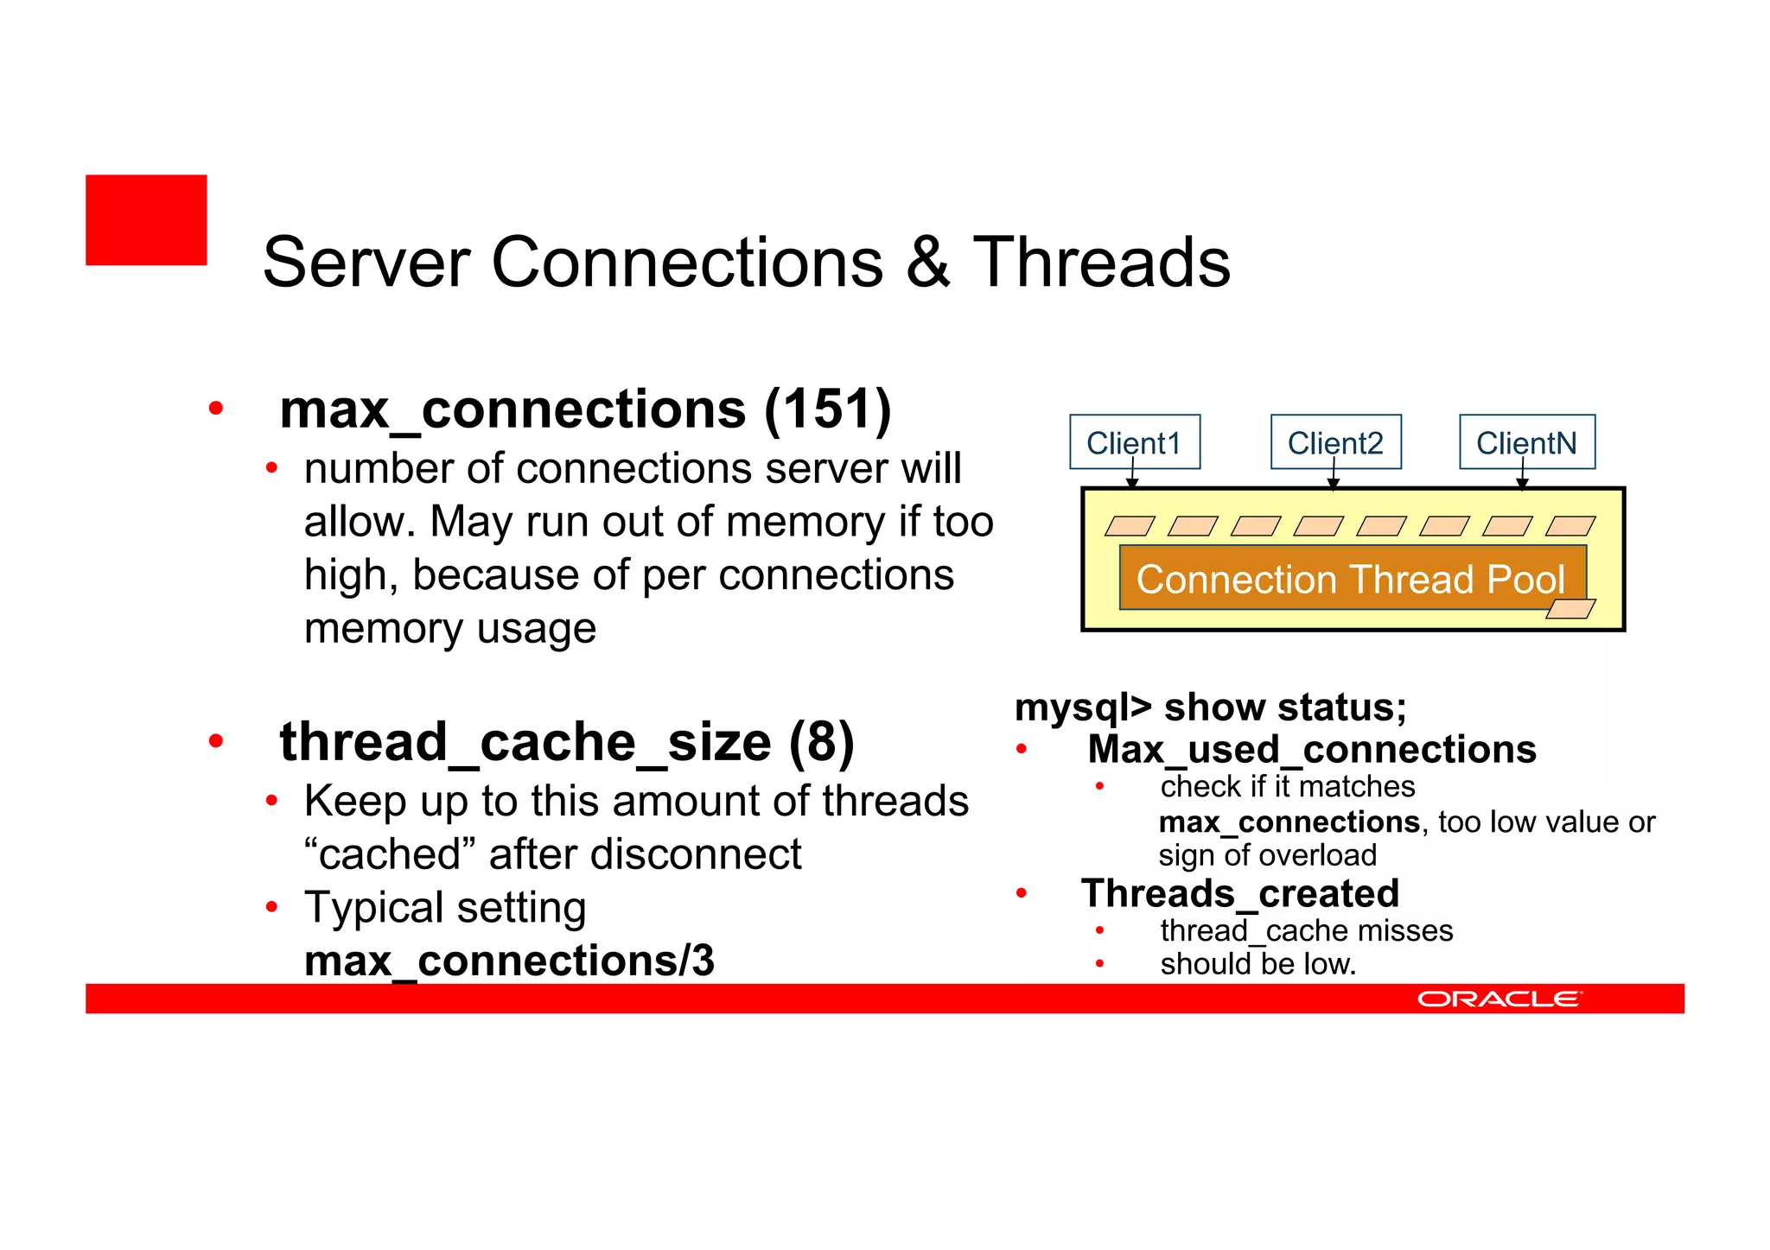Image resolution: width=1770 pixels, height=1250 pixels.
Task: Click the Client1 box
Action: [1134, 442]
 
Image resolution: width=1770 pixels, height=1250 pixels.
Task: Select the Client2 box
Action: [1335, 442]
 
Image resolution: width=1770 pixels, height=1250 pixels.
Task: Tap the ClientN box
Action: [1526, 442]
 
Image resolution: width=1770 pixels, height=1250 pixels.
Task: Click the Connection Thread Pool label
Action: [1351, 579]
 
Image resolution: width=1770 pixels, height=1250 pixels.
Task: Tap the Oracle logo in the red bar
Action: [1499, 999]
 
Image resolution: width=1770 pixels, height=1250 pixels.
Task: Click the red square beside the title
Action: [146, 220]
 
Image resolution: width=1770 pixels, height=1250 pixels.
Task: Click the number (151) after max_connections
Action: [827, 409]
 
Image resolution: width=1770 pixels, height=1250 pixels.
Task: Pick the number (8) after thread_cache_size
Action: [820, 742]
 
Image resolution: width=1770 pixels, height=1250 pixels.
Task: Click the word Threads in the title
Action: [1101, 263]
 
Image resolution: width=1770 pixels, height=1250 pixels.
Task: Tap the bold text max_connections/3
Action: [509, 961]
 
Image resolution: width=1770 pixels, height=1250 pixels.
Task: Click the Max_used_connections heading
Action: [1312, 749]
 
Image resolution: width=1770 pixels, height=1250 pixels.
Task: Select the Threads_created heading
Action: [1240, 893]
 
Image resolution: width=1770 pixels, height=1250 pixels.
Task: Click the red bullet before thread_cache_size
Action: [216, 741]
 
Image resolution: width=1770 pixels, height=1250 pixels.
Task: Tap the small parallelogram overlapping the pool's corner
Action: [1569, 609]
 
